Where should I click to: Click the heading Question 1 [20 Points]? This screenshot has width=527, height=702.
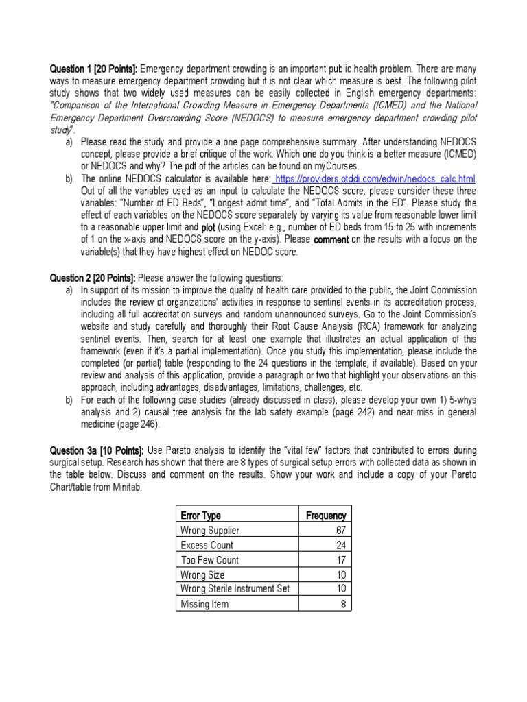tap(93, 69)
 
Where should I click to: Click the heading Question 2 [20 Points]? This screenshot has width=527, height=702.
tap(93, 278)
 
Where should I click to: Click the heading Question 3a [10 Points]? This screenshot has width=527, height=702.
tap(95, 450)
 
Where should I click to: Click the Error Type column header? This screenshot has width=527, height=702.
tap(200, 516)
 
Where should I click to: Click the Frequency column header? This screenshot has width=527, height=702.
tap(325, 516)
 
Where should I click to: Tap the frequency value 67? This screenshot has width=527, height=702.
tap(340, 531)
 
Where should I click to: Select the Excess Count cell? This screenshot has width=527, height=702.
tap(207, 545)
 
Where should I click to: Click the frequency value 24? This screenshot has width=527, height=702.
tap(340, 545)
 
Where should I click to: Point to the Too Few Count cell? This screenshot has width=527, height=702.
tap(209, 560)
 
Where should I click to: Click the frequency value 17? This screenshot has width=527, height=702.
tap(340, 560)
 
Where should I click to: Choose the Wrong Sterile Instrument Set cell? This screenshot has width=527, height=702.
tap(235, 589)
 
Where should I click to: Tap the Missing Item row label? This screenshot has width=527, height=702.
tap(204, 604)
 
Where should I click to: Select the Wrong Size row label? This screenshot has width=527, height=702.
tap(202, 574)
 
